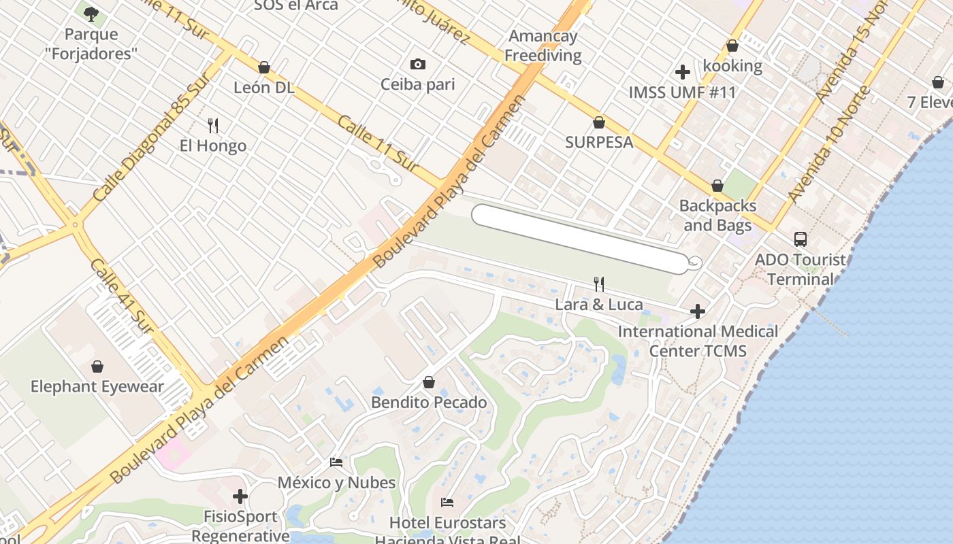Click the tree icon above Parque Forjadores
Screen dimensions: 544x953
click(x=91, y=13)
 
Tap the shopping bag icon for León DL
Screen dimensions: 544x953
click(x=264, y=67)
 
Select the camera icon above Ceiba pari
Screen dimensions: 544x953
click(x=418, y=65)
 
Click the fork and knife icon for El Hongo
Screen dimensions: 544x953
click(x=213, y=125)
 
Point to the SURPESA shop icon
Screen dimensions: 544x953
click(x=599, y=122)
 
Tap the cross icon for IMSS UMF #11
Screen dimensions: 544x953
click(x=683, y=72)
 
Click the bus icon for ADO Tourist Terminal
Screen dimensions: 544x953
click(x=801, y=239)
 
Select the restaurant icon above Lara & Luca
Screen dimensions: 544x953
click(x=599, y=284)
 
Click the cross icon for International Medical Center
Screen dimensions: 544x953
click(x=698, y=311)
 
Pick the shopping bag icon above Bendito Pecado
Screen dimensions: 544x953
click(x=429, y=382)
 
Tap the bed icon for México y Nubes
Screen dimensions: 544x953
click(x=336, y=462)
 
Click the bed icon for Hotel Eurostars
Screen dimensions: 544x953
click(x=447, y=503)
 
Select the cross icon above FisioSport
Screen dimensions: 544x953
click(x=240, y=496)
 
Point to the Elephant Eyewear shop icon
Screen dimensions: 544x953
click(x=97, y=367)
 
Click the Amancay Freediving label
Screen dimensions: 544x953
click(x=543, y=46)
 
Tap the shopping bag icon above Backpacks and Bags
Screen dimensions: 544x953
click(x=717, y=186)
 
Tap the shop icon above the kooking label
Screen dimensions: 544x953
click(x=732, y=46)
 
